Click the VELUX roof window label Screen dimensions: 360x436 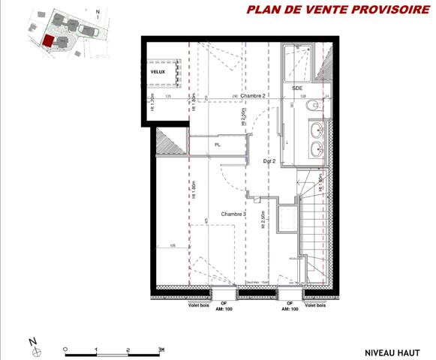158,71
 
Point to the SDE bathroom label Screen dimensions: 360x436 298,88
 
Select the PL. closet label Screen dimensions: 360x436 218,144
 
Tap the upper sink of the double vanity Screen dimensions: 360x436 317,128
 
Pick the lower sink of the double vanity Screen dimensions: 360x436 317,148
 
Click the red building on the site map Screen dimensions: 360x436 48,42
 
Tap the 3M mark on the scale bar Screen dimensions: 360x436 161,349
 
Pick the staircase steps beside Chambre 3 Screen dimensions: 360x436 311,225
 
